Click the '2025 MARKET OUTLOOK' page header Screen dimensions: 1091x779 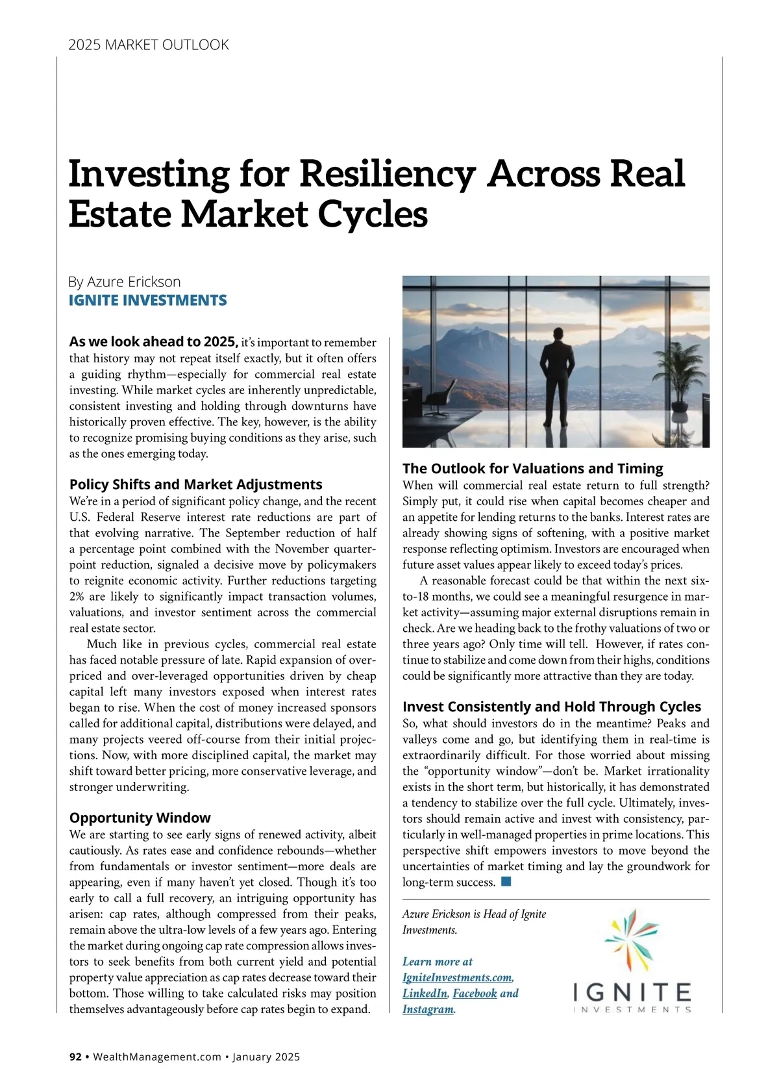click(149, 45)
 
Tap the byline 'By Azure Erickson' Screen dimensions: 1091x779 click(125, 282)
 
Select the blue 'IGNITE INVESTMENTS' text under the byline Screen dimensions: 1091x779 click(148, 301)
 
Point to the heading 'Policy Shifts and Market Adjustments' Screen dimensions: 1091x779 click(195, 484)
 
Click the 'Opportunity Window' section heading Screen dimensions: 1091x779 click(140, 818)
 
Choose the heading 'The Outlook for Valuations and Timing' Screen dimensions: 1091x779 click(532, 468)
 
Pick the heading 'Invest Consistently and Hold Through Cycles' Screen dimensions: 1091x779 click(552, 707)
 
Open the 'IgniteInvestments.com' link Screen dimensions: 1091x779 click(457, 977)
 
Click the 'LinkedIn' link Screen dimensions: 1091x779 click(425, 994)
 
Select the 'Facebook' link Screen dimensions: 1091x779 click(475, 994)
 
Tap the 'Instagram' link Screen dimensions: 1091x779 click(428, 1009)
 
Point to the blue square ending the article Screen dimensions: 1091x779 click(506, 882)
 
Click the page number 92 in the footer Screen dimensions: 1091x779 click(75, 1057)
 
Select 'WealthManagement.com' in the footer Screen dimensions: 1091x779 click(157, 1057)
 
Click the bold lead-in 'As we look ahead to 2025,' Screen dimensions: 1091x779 click(154, 342)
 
